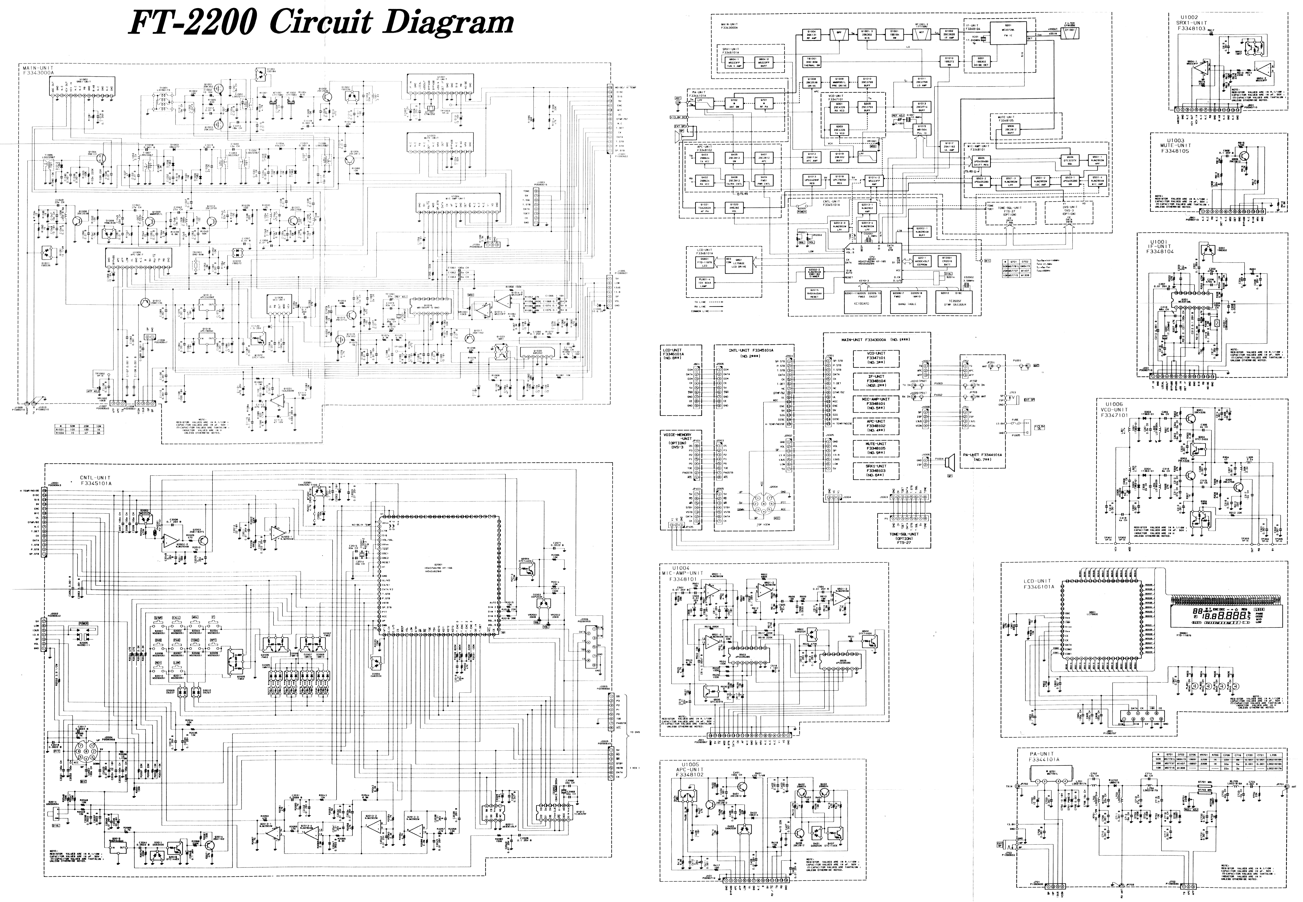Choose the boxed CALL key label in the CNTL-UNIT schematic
[176, 618]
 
